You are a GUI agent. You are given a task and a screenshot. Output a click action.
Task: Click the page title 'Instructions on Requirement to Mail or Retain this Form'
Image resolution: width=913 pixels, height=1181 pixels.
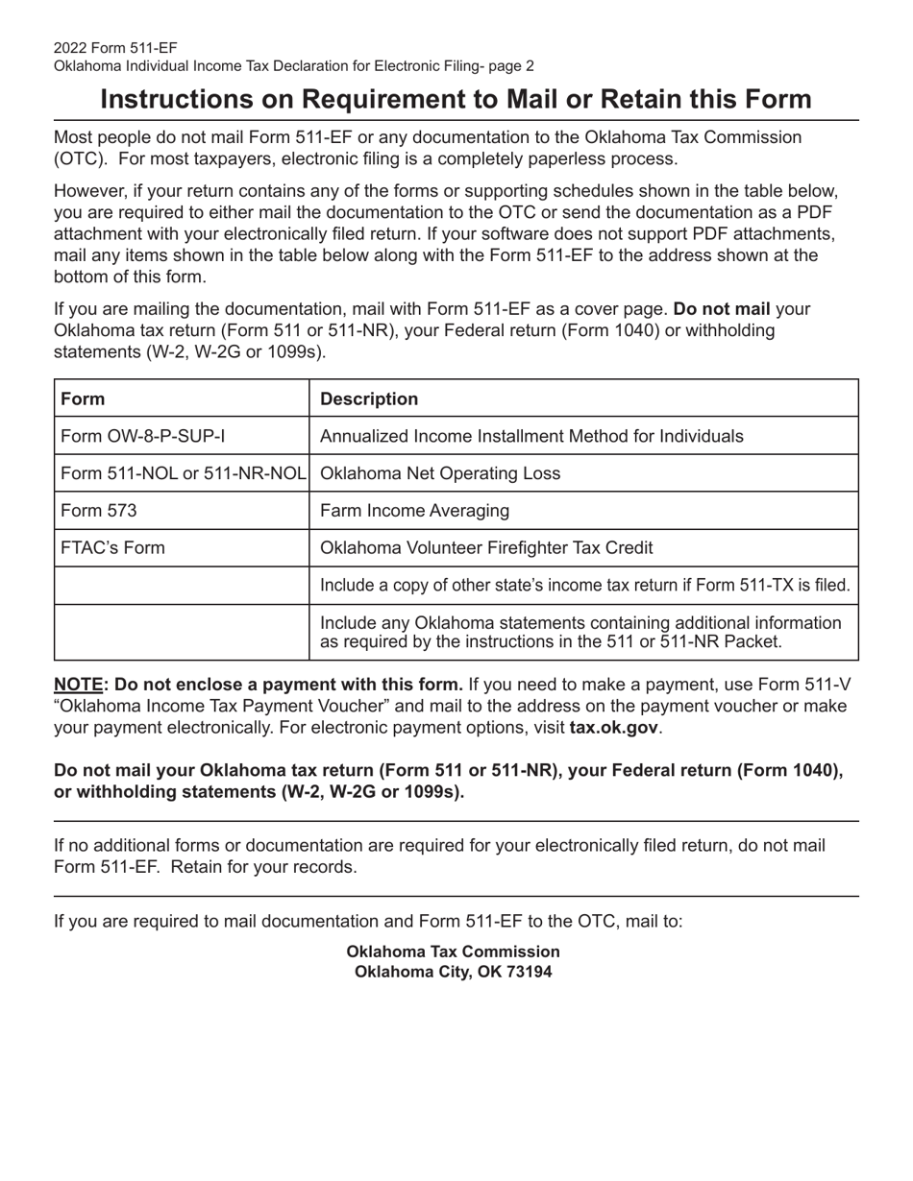pos(456,100)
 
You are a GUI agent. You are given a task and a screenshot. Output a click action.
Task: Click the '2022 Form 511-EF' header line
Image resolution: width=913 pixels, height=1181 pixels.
pos(115,48)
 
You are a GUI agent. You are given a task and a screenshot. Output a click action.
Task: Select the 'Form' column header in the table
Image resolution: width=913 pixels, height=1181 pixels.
pos(83,398)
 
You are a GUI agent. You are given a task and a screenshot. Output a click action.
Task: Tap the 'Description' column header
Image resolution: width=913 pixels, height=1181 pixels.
pos(368,398)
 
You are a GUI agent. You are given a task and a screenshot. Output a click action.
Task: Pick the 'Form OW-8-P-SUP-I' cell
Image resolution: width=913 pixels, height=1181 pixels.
pos(143,436)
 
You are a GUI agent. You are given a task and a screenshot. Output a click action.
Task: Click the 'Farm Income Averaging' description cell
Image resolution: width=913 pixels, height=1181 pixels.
pos(414,511)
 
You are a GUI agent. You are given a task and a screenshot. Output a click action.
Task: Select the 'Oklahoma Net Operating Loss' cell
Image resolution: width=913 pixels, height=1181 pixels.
pos(439,473)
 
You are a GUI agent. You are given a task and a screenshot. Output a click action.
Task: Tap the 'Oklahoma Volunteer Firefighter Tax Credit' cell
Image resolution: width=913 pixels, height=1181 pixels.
pos(486,548)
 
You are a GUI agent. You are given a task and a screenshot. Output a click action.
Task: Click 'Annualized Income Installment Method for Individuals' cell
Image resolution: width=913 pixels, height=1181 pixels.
pos(531,436)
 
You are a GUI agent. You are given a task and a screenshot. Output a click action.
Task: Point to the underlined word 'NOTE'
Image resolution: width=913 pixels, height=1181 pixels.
pos(78,685)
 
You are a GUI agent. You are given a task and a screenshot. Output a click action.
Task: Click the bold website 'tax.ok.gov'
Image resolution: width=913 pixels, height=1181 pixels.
pos(613,727)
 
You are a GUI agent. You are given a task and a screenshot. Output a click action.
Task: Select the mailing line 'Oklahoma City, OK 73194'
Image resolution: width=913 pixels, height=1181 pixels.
pos(454,971)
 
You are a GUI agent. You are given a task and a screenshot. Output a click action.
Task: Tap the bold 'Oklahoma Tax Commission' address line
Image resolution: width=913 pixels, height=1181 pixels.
pos(453,952)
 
